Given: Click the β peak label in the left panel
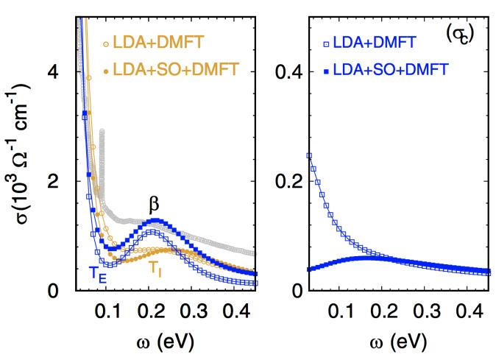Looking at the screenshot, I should click(x=154, y=203).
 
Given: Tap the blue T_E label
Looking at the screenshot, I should click(x=97, y=273).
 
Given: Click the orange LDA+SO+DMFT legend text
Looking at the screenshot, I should click(x=177, y=71).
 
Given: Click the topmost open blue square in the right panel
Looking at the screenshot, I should click(x=309, y=155).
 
